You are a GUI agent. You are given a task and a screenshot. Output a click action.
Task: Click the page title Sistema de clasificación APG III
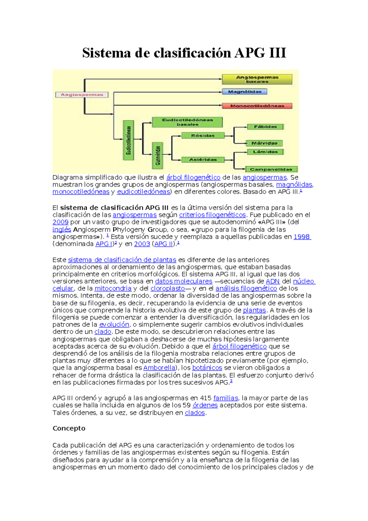184,53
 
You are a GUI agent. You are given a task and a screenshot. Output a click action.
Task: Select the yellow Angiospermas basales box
257,79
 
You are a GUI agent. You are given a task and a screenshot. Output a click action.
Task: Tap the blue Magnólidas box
244,91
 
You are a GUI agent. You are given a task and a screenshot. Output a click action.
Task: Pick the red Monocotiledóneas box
257,106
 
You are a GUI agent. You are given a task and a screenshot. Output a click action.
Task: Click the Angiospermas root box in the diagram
82,95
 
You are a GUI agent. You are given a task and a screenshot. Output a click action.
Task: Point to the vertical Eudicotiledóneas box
128,140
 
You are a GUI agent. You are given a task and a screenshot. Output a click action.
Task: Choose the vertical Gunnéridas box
158,155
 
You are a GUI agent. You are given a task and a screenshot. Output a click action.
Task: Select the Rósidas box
203,136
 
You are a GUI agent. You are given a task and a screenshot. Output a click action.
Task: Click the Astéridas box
203,160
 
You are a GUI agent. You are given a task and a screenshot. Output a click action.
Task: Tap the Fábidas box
265,127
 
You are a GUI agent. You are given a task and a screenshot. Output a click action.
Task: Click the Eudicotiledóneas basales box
187,122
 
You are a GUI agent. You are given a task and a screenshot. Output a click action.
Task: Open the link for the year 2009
60,222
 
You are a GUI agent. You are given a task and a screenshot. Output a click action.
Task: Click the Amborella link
159,368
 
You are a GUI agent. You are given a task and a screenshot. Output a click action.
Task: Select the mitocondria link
113,288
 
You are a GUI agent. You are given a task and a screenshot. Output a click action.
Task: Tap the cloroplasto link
167,288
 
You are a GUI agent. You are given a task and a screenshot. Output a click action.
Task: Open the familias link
226,398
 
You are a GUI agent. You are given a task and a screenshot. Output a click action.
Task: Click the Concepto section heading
69,428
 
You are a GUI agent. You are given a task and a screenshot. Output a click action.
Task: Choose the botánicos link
207,368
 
